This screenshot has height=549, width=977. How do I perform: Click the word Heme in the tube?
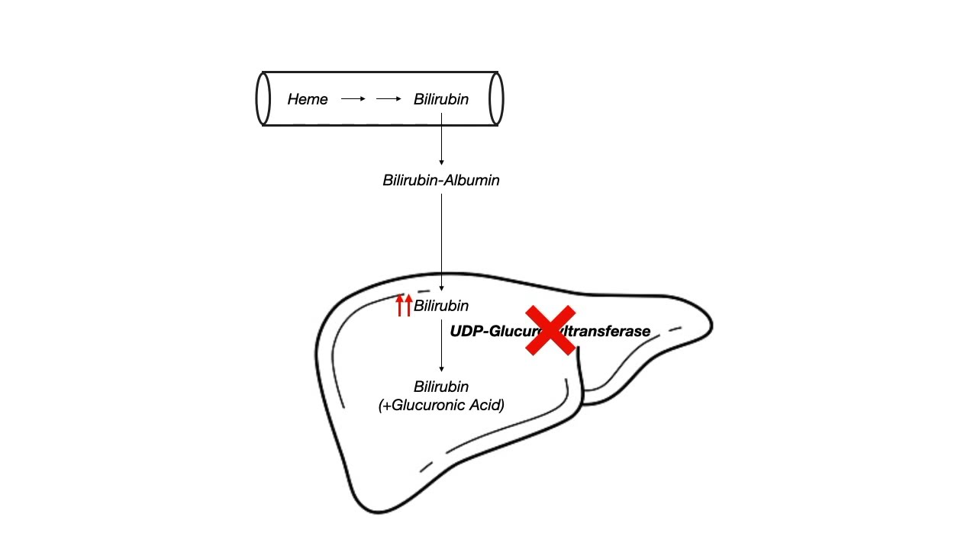click(308, 99)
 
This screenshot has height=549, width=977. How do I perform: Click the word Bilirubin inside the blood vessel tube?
click(440, 99)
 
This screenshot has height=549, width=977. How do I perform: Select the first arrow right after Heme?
click(353, 99)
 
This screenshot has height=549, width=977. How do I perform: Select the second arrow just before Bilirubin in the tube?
click(389, 99)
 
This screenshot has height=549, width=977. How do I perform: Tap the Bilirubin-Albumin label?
click(440, 181)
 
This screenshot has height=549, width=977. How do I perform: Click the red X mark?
click(550, 330)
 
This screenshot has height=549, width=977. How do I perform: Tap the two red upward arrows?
click(404, 305)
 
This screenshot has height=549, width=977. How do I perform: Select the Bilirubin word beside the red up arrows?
click(440, 306)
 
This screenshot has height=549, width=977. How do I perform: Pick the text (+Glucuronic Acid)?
click(441, 405)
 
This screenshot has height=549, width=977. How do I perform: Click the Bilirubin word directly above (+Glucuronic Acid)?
click(440, 387)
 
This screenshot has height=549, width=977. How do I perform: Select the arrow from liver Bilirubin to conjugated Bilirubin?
click(441, 346)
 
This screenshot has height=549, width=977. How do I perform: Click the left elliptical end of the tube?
click(263, 99)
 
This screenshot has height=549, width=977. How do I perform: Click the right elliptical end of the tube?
click(496, 99)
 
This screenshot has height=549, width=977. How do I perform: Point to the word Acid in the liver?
click(489, 405)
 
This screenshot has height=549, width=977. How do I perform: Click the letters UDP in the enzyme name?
click(464, 331)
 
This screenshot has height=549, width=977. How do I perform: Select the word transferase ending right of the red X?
click(614, 331)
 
